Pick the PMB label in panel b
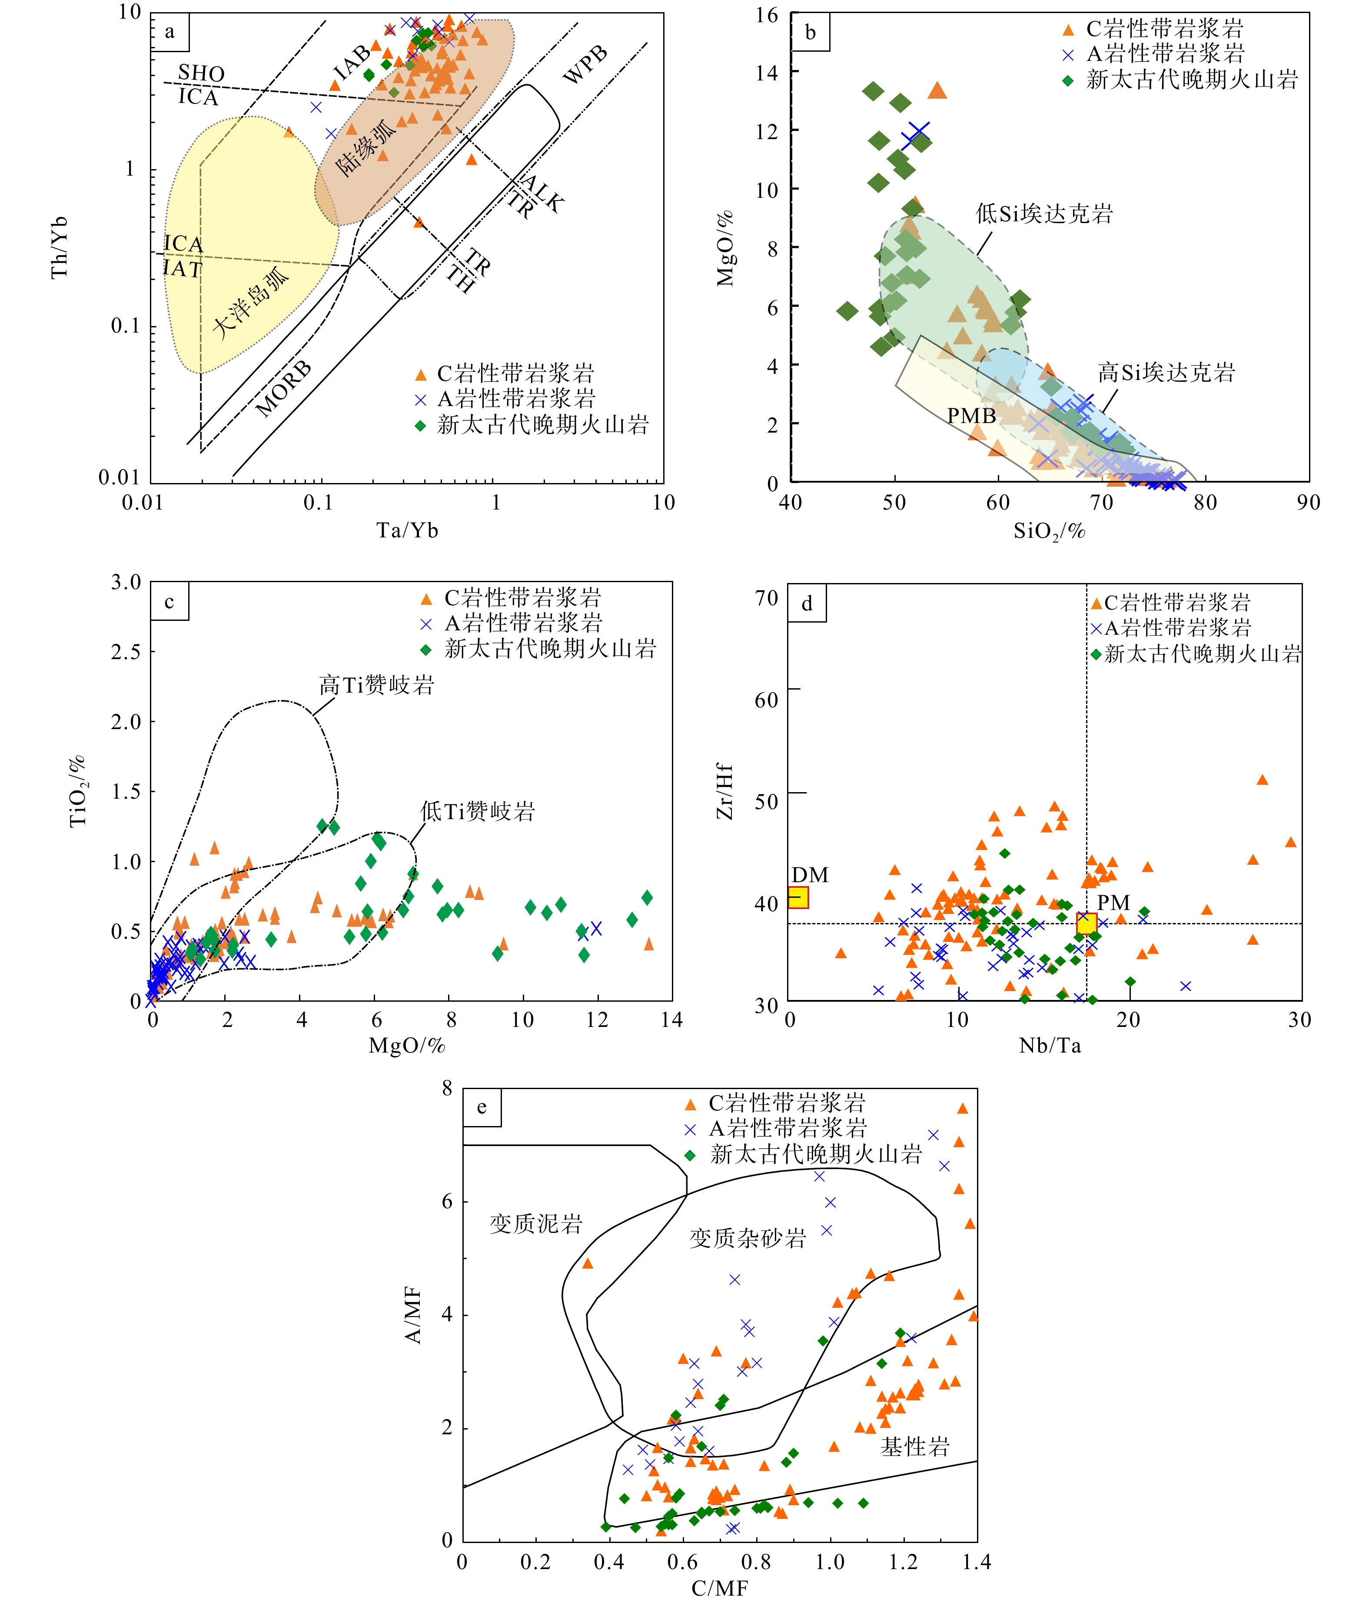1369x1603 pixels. (971, 416)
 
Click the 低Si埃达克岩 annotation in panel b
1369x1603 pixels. (1044, 214)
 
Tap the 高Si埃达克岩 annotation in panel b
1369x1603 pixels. (1166, 373)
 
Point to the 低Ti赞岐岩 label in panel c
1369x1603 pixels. (477, 812)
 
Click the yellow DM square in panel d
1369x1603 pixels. (798, 897)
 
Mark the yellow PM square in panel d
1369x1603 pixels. (1087, 923)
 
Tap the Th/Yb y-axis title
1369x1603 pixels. (60, 247)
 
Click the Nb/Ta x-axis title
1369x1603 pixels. (1050, 1046)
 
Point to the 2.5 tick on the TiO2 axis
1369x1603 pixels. (126, 652)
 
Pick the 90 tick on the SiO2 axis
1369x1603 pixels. (1308, 503)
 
